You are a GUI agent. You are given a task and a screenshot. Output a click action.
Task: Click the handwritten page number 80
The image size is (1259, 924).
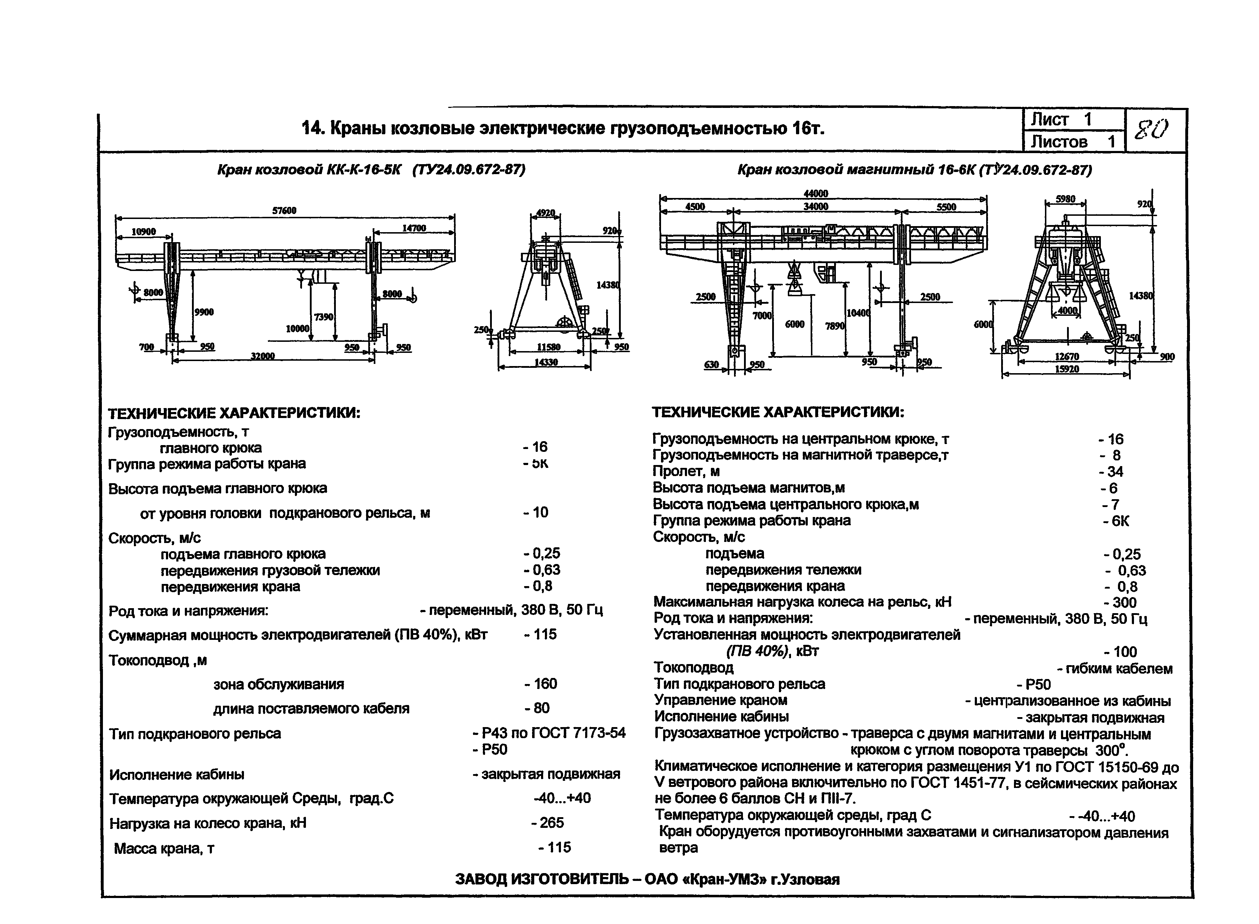click(1151, 130)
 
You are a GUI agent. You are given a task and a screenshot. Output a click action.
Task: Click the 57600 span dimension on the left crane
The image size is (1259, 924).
click(284, 210)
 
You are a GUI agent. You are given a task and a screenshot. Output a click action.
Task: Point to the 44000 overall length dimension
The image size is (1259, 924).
click(816, 193)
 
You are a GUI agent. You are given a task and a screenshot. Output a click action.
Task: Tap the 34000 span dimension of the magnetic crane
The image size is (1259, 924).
click(816, 207)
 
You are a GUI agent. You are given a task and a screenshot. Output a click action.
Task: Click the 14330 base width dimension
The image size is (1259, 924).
click(546, 362)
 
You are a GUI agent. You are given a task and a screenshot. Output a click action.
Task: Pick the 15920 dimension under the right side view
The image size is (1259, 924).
click(1067, 369)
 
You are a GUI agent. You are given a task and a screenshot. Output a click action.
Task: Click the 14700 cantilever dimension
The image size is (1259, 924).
click(413, 228)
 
